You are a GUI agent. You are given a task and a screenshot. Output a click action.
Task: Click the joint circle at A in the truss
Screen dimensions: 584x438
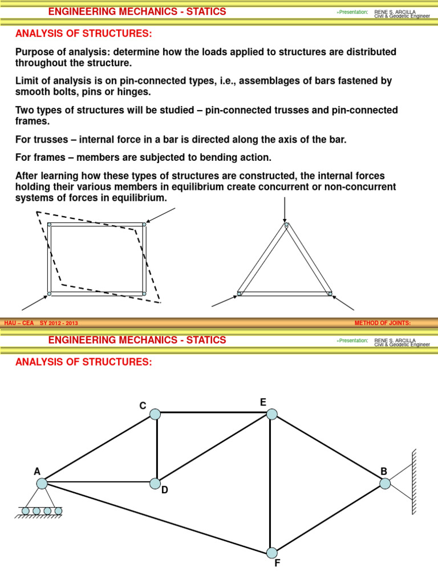tap(42, 484)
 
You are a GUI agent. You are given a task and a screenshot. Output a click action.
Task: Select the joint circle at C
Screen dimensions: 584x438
tap(155, 414)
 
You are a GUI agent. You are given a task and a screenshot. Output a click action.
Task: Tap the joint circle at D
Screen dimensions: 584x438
tap(155, 484)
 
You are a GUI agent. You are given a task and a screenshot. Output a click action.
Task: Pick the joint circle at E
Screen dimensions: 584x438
tap(271, 414)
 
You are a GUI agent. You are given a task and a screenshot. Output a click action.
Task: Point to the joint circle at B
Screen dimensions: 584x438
tap(385, 484)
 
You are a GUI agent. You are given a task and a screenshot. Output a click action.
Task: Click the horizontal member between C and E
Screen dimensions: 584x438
tap(213, 413)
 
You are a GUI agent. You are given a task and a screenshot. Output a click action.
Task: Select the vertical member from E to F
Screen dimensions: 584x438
tap(271, 485)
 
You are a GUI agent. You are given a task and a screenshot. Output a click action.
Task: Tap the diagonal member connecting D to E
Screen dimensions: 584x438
tap(213, 449)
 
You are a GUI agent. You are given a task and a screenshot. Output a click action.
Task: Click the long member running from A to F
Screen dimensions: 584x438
tap(154, 517)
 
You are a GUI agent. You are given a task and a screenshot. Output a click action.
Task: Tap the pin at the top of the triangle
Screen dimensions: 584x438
tap(286, 225)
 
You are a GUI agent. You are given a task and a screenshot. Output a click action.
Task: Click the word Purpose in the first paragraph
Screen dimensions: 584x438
tap(34, 52)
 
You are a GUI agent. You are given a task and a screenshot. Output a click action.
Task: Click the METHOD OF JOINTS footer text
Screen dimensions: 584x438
tap(382, 323)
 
